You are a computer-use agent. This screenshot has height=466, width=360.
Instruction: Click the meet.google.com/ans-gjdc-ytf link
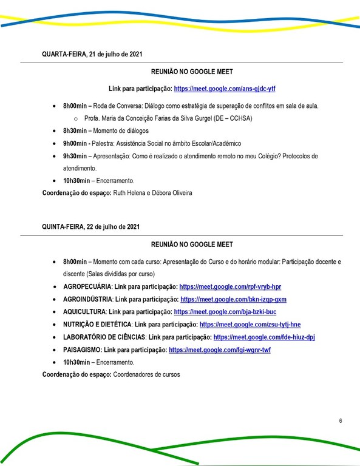tap(225, 89)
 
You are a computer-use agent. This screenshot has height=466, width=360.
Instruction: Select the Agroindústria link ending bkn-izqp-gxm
tap(233, 299)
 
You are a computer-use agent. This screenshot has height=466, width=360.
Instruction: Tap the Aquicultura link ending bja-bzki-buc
tap(225, 312)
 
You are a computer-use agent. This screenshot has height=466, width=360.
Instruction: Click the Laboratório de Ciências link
tap(264, 337)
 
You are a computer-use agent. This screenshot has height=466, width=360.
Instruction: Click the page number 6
tap(341, 420)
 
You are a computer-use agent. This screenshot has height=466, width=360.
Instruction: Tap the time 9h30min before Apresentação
tap(76, 157)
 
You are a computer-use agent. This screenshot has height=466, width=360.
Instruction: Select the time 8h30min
tap(76, 131)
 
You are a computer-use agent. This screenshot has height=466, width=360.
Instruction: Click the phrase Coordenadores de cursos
tap(146, 374)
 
